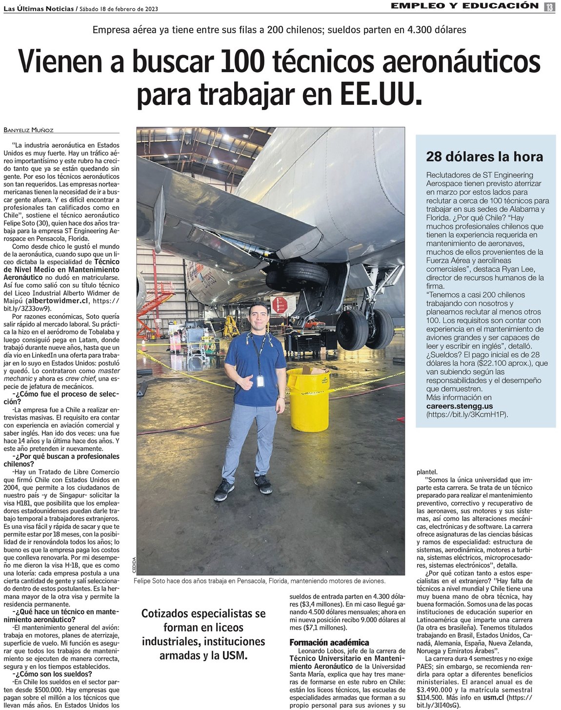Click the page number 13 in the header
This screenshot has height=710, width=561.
[549, 7]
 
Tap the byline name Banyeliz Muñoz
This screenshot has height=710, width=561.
[28, 130]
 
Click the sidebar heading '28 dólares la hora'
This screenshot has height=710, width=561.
[484, 157]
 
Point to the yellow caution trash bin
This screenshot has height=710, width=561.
[308, 400]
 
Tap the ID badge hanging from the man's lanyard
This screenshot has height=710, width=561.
[260, 380]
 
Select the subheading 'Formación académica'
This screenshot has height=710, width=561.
[329, 642]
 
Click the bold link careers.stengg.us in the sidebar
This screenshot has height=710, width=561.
[460, 406]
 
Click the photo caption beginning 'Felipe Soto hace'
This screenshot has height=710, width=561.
[259, 581]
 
